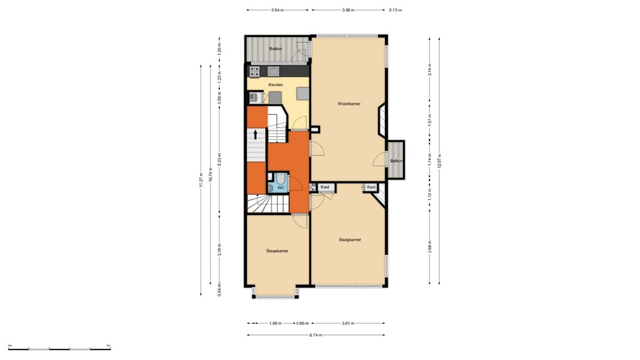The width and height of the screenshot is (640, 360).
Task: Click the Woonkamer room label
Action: coord(349,104)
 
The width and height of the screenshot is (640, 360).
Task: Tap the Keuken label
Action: coord(276,85)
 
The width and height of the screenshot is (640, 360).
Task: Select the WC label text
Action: coord(281,187)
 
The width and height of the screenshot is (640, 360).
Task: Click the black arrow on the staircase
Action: coord(255,134)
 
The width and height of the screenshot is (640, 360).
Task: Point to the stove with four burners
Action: coord(254,71)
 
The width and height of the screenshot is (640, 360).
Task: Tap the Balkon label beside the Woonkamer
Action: coord(396,161)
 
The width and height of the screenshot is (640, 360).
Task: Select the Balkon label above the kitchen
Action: coord(276,49)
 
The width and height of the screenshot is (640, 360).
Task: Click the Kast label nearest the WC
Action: coord(325,187)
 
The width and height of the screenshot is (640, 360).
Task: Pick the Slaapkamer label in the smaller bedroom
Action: coord(277,251)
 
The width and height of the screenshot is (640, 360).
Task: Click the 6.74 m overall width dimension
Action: coord(316,335)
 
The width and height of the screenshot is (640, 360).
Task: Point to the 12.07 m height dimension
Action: coord(440,161)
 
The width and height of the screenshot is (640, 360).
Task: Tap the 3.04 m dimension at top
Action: coord(277,10)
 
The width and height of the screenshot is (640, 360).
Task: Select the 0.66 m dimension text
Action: coord(302,323)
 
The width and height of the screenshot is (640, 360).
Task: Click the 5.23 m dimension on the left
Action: coord(219,160)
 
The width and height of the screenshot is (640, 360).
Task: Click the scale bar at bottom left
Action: coord(59,348)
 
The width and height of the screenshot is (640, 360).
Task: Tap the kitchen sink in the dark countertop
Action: coord(273,71)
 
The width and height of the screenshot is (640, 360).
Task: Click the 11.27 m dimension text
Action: coord(201,179)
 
